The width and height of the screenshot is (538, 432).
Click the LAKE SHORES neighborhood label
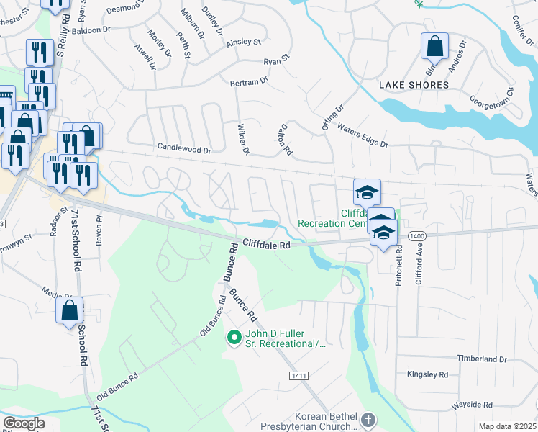tap(414, 85)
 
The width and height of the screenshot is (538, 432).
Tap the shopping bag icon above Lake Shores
tap(434, 48)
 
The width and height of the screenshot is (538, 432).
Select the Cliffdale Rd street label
tap(265, 245)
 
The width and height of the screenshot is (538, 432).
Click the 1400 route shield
tap(416, 236)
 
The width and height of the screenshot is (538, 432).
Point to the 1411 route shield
tap(300, 376)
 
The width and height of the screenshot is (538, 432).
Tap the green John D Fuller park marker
tap(234, 337)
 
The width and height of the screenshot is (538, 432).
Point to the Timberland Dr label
tap(482, 359)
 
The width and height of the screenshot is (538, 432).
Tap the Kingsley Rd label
tap(427, 374)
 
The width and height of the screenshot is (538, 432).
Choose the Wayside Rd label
tap(471, 406)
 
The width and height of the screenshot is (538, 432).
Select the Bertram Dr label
tap(248, 82)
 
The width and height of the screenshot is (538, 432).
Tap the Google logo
tap(24, 423)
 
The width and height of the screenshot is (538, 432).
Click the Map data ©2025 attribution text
tap(507, 426)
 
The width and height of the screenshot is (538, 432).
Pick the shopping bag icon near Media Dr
tap(70, 311)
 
